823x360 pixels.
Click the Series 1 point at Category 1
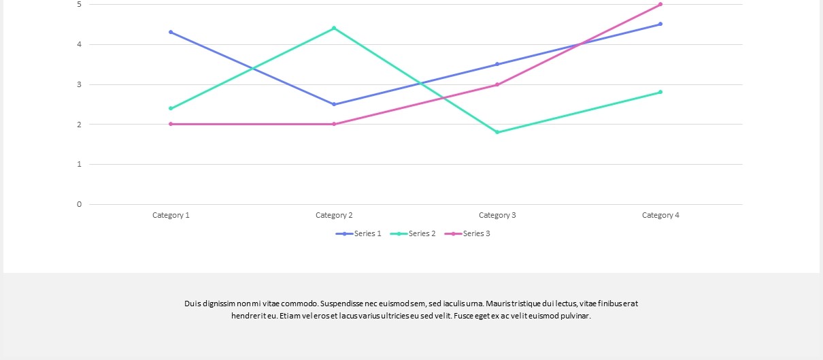coord(171,33)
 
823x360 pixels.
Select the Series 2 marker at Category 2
coord(334,28)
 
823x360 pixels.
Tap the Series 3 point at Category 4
coord(660,4)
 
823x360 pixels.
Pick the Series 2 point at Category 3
coord(497,132)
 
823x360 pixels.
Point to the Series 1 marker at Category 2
coord(334,104)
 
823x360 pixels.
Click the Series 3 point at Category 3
coord(497,84)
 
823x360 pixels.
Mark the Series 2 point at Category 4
coord(660,92)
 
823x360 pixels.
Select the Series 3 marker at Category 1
coord(171,125)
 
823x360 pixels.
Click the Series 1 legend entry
coord(358,233)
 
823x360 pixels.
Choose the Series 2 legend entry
coord(413,233)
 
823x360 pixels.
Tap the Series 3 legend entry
coord(467,233)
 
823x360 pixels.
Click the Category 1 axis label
coord(171,216)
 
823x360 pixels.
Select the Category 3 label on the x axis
coord(497,216)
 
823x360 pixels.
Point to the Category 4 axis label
coord(660,216)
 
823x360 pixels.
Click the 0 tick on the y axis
coord(79,204)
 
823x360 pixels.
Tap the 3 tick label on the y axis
coord(79,84)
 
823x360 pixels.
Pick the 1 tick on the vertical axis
coord(79,165)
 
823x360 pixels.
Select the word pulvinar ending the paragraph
coord(575,316)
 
